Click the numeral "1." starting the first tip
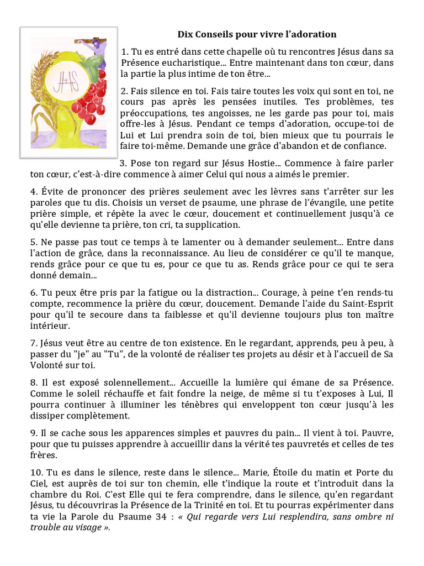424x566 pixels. point(125,52)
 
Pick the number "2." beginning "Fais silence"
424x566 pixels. point(125,91)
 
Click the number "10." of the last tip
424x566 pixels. point(36,473)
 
